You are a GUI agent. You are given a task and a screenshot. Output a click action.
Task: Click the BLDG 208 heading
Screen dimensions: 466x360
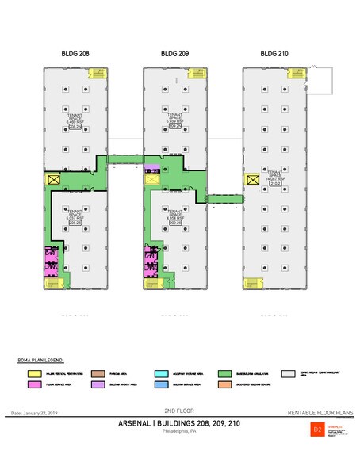click(x=75, y=55)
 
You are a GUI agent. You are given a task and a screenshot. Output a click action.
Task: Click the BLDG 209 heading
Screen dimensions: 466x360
click(x=174, y=55)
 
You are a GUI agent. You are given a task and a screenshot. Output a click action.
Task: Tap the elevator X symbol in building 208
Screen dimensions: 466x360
click(x=54, y=180)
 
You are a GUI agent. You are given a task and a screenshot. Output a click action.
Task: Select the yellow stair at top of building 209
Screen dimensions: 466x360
click(x=193, y=74)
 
